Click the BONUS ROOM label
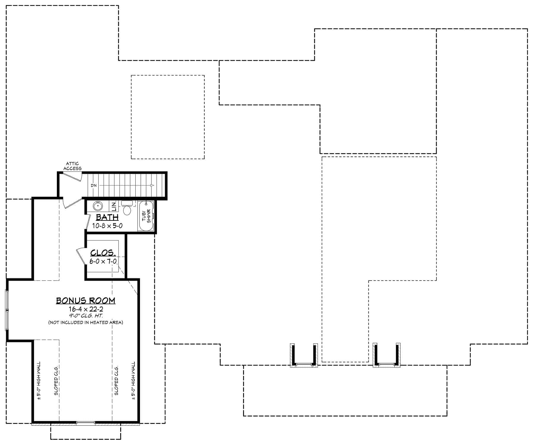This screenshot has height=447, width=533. pos(86,301)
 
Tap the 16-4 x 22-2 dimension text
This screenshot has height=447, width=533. pos(86,309)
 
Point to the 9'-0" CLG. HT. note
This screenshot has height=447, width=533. pos(86,316)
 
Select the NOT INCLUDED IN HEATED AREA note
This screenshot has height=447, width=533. pos(86,322)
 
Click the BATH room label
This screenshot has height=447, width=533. pos(107,217)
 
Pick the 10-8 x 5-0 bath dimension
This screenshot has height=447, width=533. pos(107,226)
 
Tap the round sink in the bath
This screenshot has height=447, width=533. pos(97,206)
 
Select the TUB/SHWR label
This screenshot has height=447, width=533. pos(146,216)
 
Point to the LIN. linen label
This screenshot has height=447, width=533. pos(114,206)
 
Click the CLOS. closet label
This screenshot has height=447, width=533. pos(102,253)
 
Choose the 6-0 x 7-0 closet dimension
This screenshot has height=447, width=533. pos(103,261)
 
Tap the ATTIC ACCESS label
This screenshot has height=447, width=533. pos(72,166)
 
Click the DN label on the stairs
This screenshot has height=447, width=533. pos(94,185)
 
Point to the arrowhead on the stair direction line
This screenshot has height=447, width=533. pos(152,185)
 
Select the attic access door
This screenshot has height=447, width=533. pos(73,176)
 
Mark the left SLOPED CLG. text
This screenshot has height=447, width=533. pos(56,380)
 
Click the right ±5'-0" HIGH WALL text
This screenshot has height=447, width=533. pos(133,381)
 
